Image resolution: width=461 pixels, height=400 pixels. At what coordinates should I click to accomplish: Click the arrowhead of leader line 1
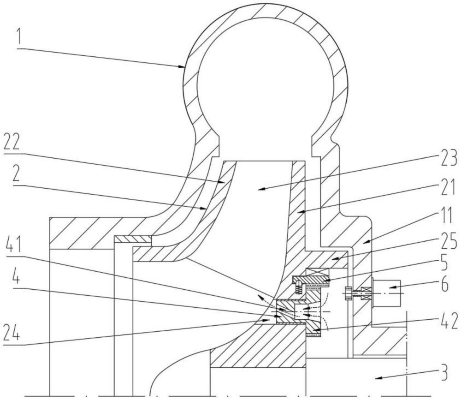183,68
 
